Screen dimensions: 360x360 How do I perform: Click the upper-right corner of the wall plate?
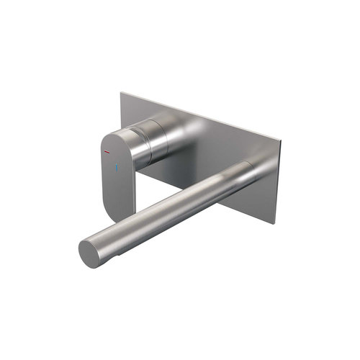coord(275,135)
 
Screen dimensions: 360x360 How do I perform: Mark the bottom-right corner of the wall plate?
coord(273,222)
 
